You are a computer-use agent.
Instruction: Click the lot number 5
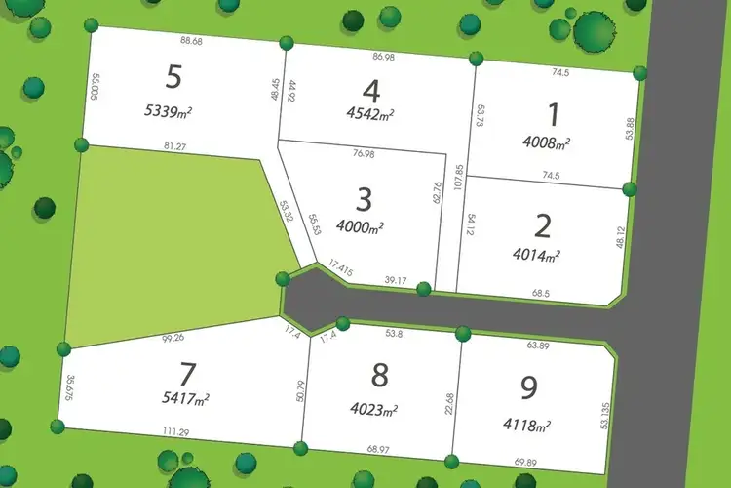[174, 77]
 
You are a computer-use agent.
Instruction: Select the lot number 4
[369, 90]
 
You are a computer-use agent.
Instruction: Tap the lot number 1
[554, 115]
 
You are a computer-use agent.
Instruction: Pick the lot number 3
[364, 200]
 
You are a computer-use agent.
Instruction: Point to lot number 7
[188, 374]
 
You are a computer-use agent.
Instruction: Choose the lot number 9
[529, 388]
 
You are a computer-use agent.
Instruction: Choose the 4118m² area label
[527, 425]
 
